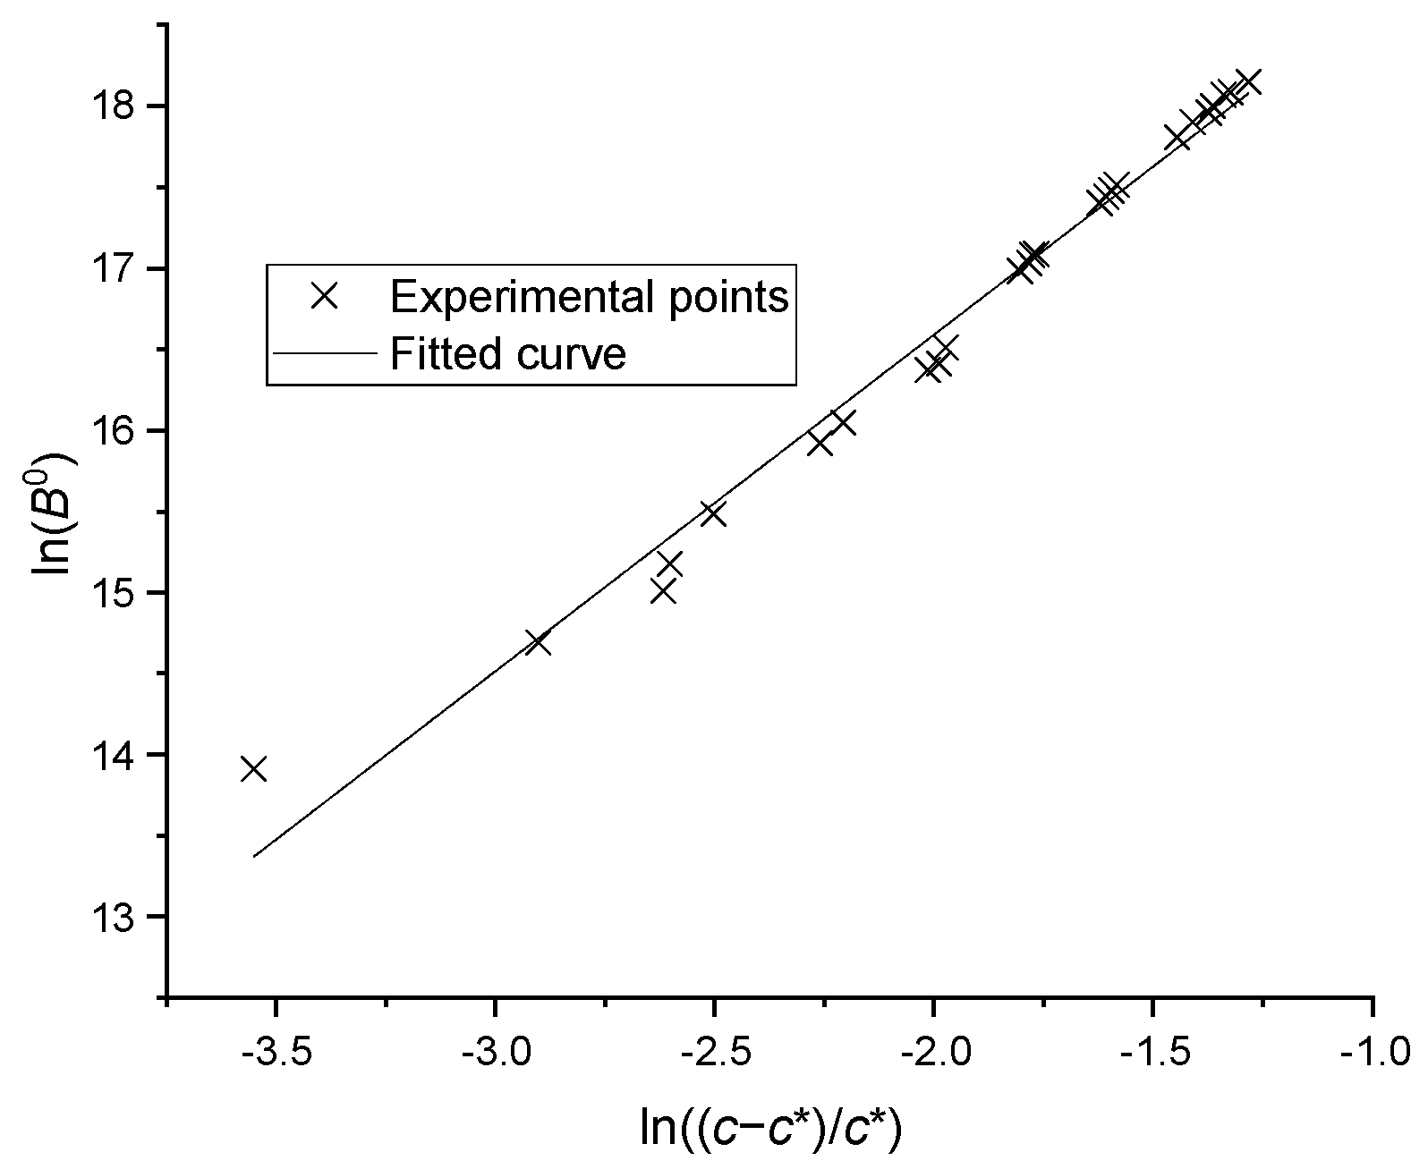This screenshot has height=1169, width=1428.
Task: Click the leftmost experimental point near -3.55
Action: coord(254,769)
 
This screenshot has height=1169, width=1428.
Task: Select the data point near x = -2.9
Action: coord(538,643)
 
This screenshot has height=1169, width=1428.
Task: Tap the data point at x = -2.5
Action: coord(713,513)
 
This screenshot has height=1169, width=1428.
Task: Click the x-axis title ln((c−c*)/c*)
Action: coord(770,1129)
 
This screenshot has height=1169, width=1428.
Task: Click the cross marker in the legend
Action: coord(323,296)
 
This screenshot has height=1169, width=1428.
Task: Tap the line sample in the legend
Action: coord(323,354)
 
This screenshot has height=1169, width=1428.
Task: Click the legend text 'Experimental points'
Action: coord(589,296)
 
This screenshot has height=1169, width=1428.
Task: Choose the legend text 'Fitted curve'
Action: coord(507,354)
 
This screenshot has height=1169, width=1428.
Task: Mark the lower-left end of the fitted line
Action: coord(255,856)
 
